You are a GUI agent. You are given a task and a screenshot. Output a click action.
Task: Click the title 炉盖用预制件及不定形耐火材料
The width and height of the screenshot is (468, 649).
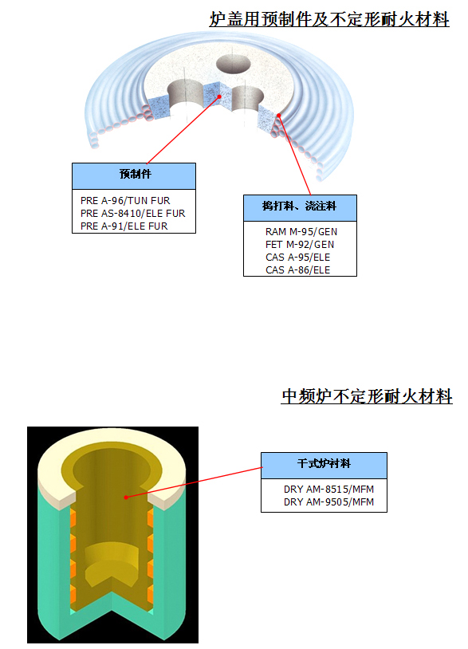(x=329, y=19)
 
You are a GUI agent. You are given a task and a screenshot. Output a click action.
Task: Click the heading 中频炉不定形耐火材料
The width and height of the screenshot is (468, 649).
(x=367, y=396)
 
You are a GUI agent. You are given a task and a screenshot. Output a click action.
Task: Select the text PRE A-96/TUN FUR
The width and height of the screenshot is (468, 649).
(x=125, y=201)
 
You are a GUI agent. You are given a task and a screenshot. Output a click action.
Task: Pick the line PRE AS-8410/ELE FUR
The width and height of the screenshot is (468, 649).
(x=133, y=214)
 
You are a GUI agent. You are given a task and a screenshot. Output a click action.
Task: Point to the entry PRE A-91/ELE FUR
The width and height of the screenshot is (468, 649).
(x=124, y=226)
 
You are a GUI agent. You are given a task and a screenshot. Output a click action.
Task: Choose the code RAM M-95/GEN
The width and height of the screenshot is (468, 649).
(x=301, y=232)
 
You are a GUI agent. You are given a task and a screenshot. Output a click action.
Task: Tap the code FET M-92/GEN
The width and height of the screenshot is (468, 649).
(x=300, y=245)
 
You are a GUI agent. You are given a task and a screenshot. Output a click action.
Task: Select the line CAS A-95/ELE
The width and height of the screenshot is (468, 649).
(x=298, y=258)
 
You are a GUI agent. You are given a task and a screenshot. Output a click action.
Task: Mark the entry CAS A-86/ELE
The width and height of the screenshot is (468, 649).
(x=298, y=270)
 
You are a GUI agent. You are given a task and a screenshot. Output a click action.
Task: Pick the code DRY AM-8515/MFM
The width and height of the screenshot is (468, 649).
(x=328, y=490)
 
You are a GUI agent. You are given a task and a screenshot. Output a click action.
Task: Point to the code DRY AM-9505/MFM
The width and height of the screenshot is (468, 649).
(x=328, y=502)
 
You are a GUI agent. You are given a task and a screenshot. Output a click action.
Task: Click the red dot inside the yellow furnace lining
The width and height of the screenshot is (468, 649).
(x=126, y=497)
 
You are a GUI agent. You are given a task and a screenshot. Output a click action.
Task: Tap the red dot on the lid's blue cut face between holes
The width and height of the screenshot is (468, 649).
(x=220, y=96)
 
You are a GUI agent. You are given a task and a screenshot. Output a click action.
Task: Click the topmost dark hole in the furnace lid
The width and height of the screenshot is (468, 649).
(x=234, y=64)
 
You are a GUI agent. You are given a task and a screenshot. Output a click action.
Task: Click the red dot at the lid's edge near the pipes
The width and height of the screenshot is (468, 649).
(x=279, y=116)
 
